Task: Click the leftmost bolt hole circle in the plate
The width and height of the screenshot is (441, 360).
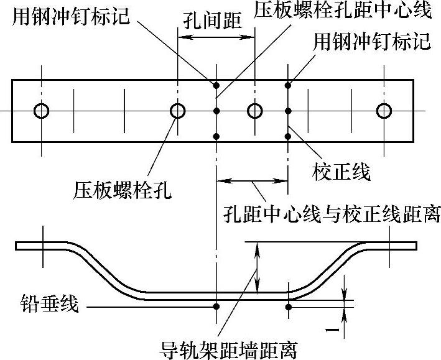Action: (x=42, y=111)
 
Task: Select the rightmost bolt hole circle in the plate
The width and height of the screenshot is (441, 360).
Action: (x=384, y=111)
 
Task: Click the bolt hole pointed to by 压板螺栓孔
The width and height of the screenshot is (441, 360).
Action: (x=178, y=111)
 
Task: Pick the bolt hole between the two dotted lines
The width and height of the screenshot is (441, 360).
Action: (x=254, y=111)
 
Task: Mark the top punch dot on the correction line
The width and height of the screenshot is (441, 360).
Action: (x=287, y=85)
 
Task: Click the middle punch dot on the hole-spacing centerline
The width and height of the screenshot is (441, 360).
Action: (x=216, y=111)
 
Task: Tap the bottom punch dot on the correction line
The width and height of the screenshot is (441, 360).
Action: (x=287, y=136)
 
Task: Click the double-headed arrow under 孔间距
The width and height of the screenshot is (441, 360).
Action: (x=216, y=37)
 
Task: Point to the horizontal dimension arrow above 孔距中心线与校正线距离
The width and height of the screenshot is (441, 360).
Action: (x=252, y=181)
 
